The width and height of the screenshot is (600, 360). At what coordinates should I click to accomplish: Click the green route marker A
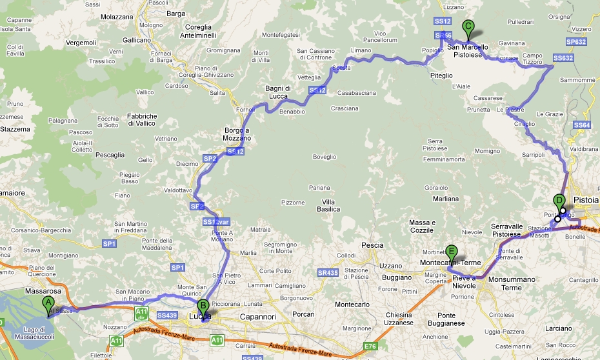47,303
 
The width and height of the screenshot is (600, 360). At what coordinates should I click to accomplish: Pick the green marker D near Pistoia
559,201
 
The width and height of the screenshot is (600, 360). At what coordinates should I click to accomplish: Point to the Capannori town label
239,316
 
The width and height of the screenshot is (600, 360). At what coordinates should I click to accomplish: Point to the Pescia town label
372,245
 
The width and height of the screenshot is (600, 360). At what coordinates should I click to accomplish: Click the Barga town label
175,12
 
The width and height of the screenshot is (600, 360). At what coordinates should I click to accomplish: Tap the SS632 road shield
563,58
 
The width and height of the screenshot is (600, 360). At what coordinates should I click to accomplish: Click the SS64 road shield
582,125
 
